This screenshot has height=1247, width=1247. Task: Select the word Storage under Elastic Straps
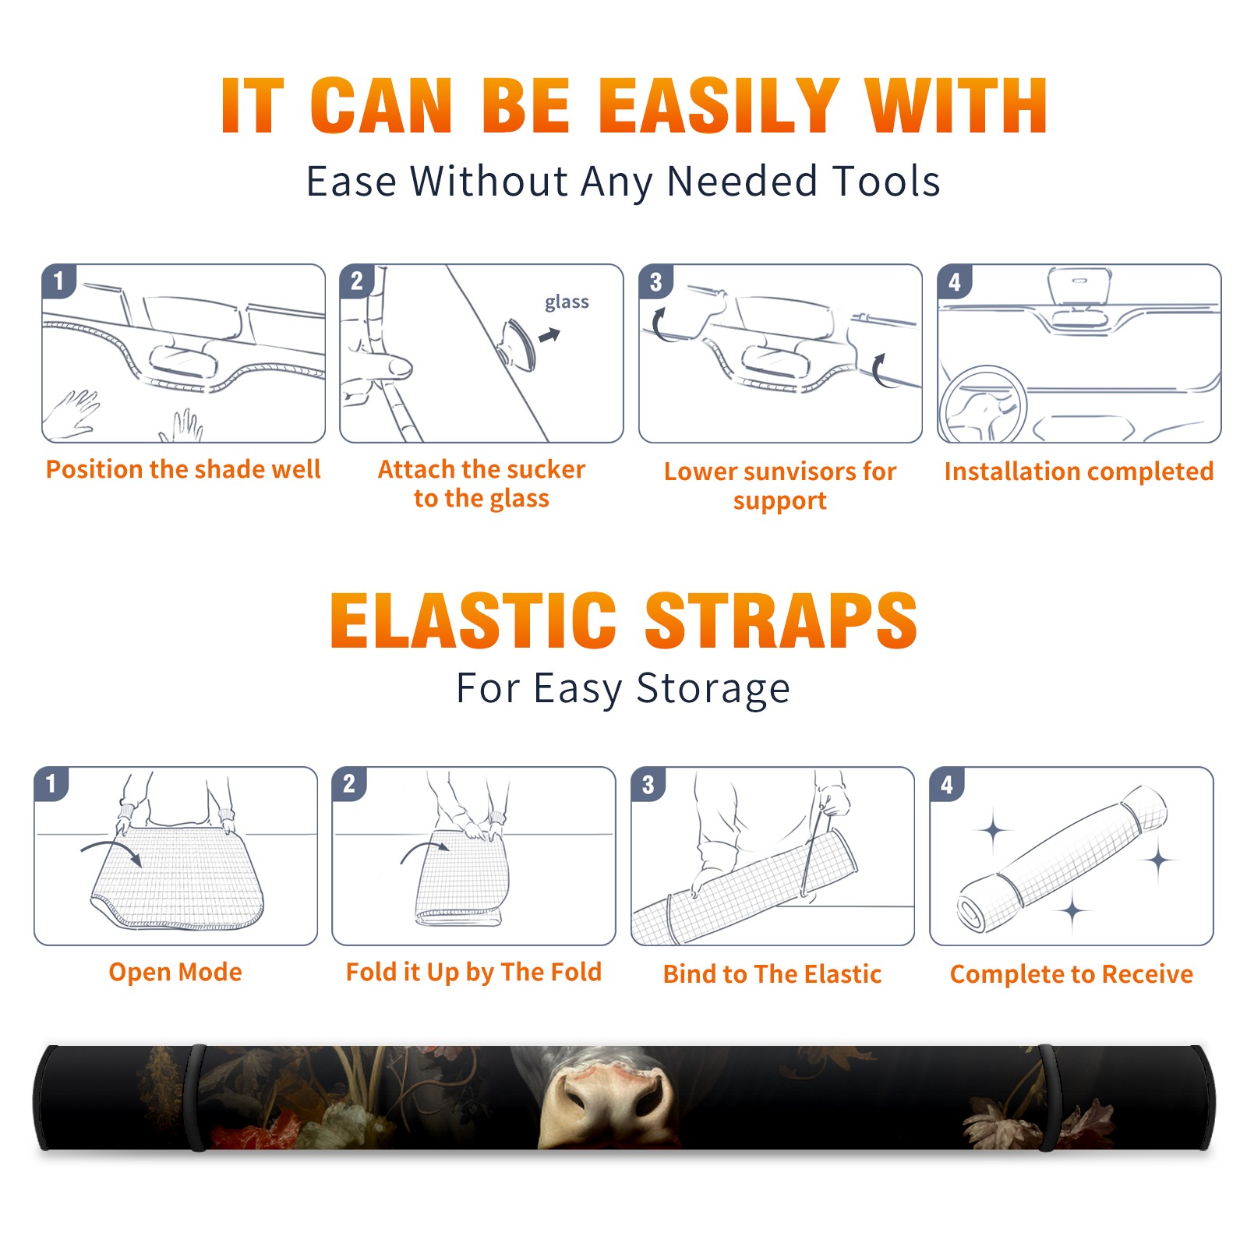713,689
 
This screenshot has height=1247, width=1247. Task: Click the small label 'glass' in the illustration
567,302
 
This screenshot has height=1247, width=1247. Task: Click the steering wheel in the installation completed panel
983,404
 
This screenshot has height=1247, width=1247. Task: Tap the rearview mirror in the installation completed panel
1079,285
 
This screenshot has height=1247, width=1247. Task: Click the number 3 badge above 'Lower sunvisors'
655,281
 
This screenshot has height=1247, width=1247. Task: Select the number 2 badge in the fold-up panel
348,783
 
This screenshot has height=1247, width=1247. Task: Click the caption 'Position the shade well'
183,469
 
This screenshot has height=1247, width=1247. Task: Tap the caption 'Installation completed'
1079,472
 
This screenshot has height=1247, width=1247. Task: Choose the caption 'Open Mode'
175,972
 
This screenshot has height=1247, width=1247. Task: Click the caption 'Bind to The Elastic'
772,974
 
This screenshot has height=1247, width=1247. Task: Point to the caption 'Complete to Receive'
1072,974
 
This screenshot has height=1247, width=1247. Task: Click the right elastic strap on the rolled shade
1048,1097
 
